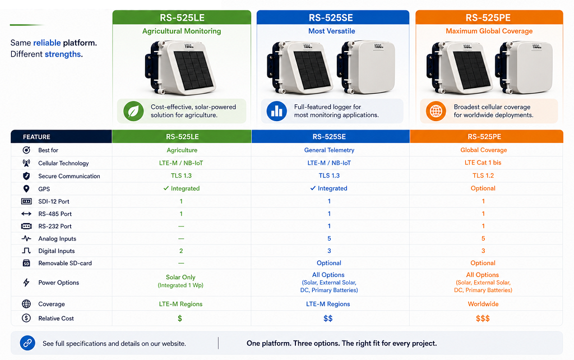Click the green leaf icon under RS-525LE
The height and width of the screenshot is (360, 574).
[x=133, y=111]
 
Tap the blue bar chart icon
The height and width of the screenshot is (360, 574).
[x=277, y=111]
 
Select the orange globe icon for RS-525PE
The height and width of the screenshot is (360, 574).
[x=436, y=111]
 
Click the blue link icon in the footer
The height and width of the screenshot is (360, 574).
[x=27, y=343]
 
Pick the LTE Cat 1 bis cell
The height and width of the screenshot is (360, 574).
[x=483, y=163]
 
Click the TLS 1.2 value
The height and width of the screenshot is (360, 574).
[x=483, y=176]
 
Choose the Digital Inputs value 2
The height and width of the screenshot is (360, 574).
[x=181, y=251]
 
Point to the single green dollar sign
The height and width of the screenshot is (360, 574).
[x=180, y=319]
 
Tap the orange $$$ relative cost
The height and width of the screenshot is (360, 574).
[x=483, y=319]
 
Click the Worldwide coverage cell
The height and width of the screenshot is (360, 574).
[x=483, y=304]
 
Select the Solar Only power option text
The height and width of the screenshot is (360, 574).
[x=180, y=277]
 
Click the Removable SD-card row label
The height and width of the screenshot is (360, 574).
[x=65, y=263]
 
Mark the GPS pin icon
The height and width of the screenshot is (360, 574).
[x=26, y=188]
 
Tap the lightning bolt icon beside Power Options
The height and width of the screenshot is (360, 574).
[x=26, y=283]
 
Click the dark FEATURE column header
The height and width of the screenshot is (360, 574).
[x=61, y=137]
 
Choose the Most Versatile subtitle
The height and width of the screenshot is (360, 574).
[x=332, y=31]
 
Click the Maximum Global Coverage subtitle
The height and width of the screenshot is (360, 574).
[x=489, y=31]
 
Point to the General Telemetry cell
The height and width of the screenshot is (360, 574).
[x=329, y=150]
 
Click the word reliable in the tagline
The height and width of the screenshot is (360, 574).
[x=47, y=43]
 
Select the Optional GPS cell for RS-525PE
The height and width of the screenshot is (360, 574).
[x=483, y=188]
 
